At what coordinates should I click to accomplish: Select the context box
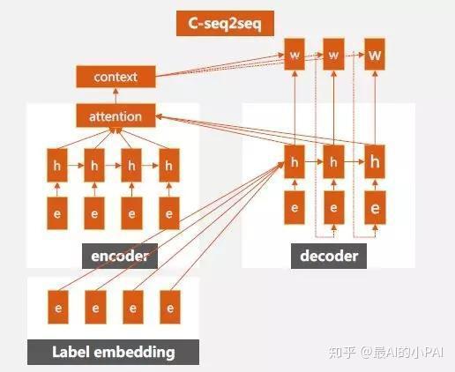(116, 78)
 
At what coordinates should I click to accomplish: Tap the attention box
(116, 116)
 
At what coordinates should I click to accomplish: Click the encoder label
(120, 257)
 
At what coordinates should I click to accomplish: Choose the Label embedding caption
(113, 352)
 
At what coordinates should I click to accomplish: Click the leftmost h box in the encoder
(58, 164)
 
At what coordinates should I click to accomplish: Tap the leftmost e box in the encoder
(58, 212)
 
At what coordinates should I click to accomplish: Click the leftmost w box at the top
(295, 56)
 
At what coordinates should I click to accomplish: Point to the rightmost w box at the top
(376, 56)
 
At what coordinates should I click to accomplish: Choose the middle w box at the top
(333, 56)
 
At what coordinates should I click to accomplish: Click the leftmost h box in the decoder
(295, 162)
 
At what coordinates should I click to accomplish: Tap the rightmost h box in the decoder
(376, 162)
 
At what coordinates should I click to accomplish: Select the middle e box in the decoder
(333, 208)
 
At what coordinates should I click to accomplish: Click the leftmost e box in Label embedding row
(58, 309)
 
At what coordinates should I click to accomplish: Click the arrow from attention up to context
(116, 97)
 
